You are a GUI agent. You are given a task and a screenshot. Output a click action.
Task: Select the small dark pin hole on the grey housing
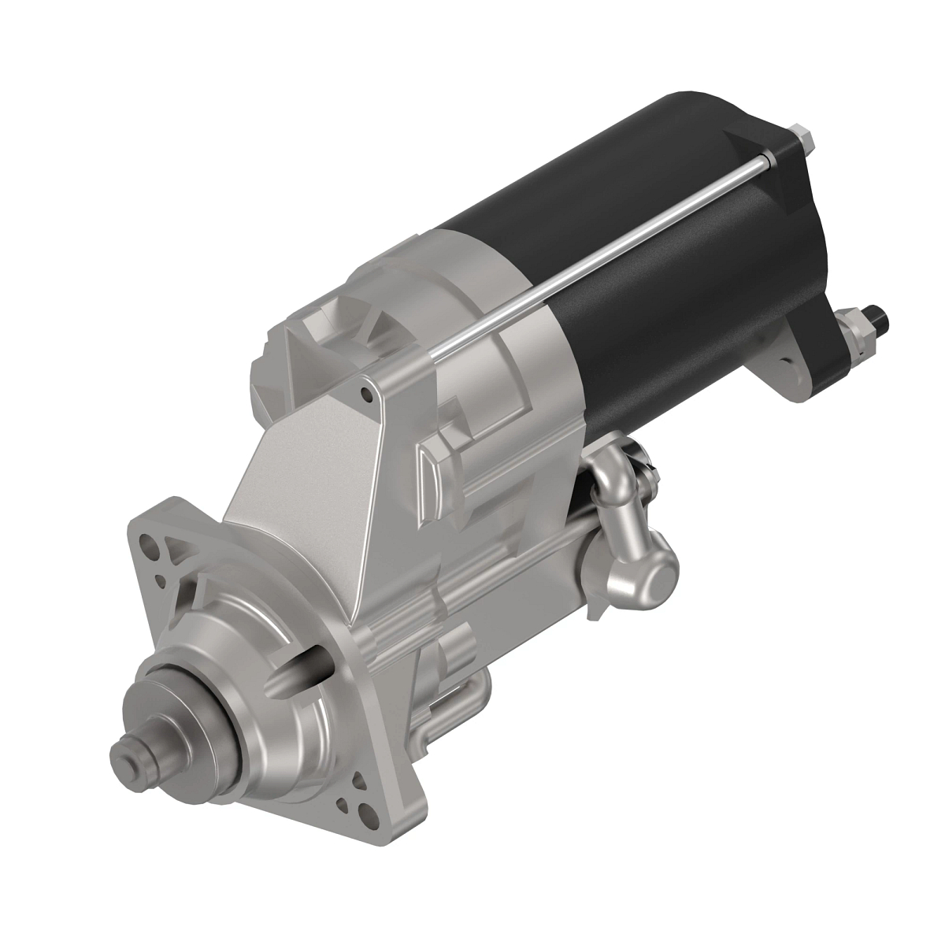click(365, 389)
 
